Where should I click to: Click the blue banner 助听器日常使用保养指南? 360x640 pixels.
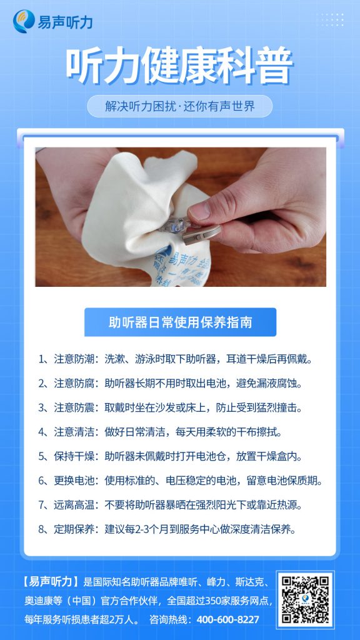(x=180, y=322)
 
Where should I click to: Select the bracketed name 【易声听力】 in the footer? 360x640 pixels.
(x=51, y=582)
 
